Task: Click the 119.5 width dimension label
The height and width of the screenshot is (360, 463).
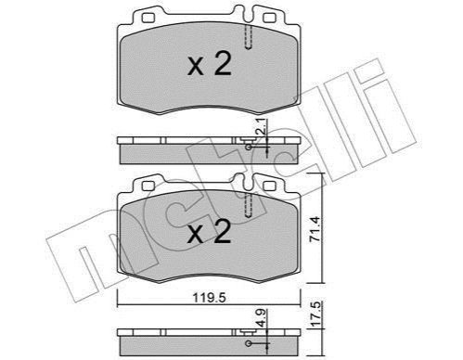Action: coord(210,298)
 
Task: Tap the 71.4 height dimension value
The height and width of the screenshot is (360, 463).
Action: coord(315,229)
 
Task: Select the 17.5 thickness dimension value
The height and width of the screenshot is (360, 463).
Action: coord(315,314)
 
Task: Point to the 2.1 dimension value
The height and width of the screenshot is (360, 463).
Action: coord(262,126)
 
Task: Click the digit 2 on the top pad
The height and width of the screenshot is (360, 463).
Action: coord(223,63)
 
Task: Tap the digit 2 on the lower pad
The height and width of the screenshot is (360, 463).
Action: coord(223,231)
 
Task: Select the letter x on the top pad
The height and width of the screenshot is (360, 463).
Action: coord(196,67)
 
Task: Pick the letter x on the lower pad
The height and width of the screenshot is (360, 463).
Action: coord(196,235)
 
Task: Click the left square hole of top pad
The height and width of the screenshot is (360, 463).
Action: coord(148,19)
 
